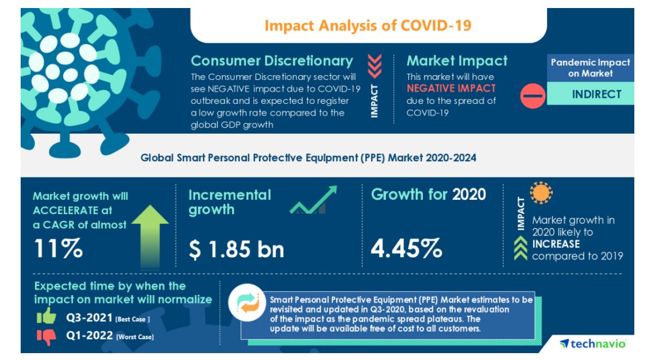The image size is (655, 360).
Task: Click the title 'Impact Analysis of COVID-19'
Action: click(368, 26)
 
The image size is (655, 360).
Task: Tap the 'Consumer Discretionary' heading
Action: click(272, 61)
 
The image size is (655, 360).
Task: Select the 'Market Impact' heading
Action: click(457, 61)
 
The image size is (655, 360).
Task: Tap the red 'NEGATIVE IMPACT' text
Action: click(450, 88)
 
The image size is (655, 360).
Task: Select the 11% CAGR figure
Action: click(58, 248)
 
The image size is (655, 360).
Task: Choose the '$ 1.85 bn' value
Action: click(236, 249)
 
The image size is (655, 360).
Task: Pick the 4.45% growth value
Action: click(406, 249)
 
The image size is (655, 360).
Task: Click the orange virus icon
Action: click(541, 194)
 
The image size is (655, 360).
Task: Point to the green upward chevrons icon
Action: click(520, 250)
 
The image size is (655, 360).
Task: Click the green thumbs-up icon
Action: click(47, 317)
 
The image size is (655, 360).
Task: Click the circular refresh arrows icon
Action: click(249, 304)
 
